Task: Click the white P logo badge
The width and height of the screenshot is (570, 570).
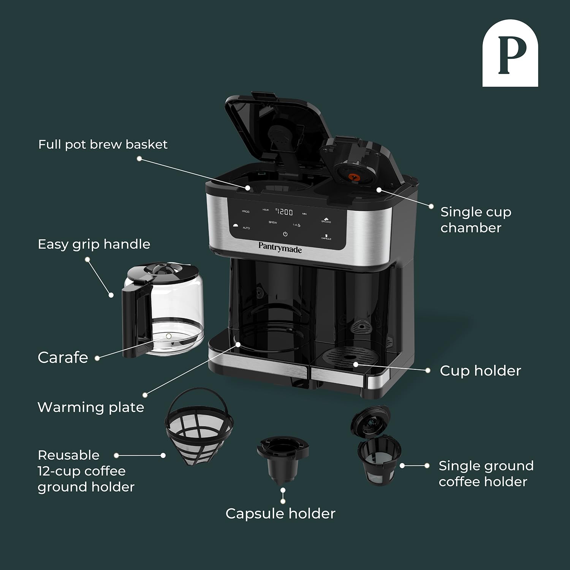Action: (x=510, y=53)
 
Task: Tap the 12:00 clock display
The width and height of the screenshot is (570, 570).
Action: (x=284, y=212)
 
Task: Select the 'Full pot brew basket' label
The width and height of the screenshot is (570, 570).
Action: (x=103, y=144)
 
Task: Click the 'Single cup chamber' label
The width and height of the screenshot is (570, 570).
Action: (x=475, y=220)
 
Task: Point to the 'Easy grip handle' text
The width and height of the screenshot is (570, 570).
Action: (x=94, y=244)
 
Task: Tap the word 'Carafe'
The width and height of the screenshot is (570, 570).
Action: (x=63, y=357)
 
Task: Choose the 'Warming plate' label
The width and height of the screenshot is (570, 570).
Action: (x=91, y=407)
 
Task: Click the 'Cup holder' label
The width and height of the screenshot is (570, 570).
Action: (x=480, y=370)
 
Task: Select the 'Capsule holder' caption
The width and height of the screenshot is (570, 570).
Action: (x=280, y=513)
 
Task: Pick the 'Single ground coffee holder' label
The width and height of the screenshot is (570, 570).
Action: (x=486, y=473)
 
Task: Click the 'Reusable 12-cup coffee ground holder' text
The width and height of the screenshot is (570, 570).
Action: (x=86, y=471)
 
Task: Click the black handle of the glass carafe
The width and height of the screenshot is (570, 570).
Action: (x=133, y=323)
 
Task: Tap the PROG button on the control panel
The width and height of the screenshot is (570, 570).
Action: (x=245, y=211)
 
